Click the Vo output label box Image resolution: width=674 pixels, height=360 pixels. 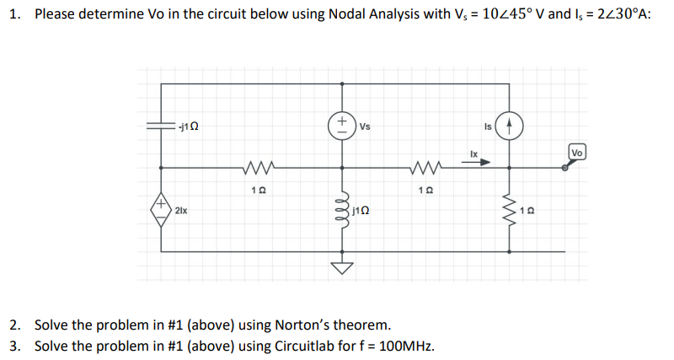pyautogui.click(x=577, y=153)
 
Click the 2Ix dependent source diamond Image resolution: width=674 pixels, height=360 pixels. pyautogui.click(x=161, y=207)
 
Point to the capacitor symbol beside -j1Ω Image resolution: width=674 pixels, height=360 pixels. pyautogui.click(x=161, y=126)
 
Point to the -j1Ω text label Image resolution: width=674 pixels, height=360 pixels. pyautogui.click(x=189, y=126)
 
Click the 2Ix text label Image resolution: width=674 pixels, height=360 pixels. pyautogui.click(x=182, y=208)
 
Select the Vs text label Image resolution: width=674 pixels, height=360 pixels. pyautogui.click(x=365, y=126)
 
